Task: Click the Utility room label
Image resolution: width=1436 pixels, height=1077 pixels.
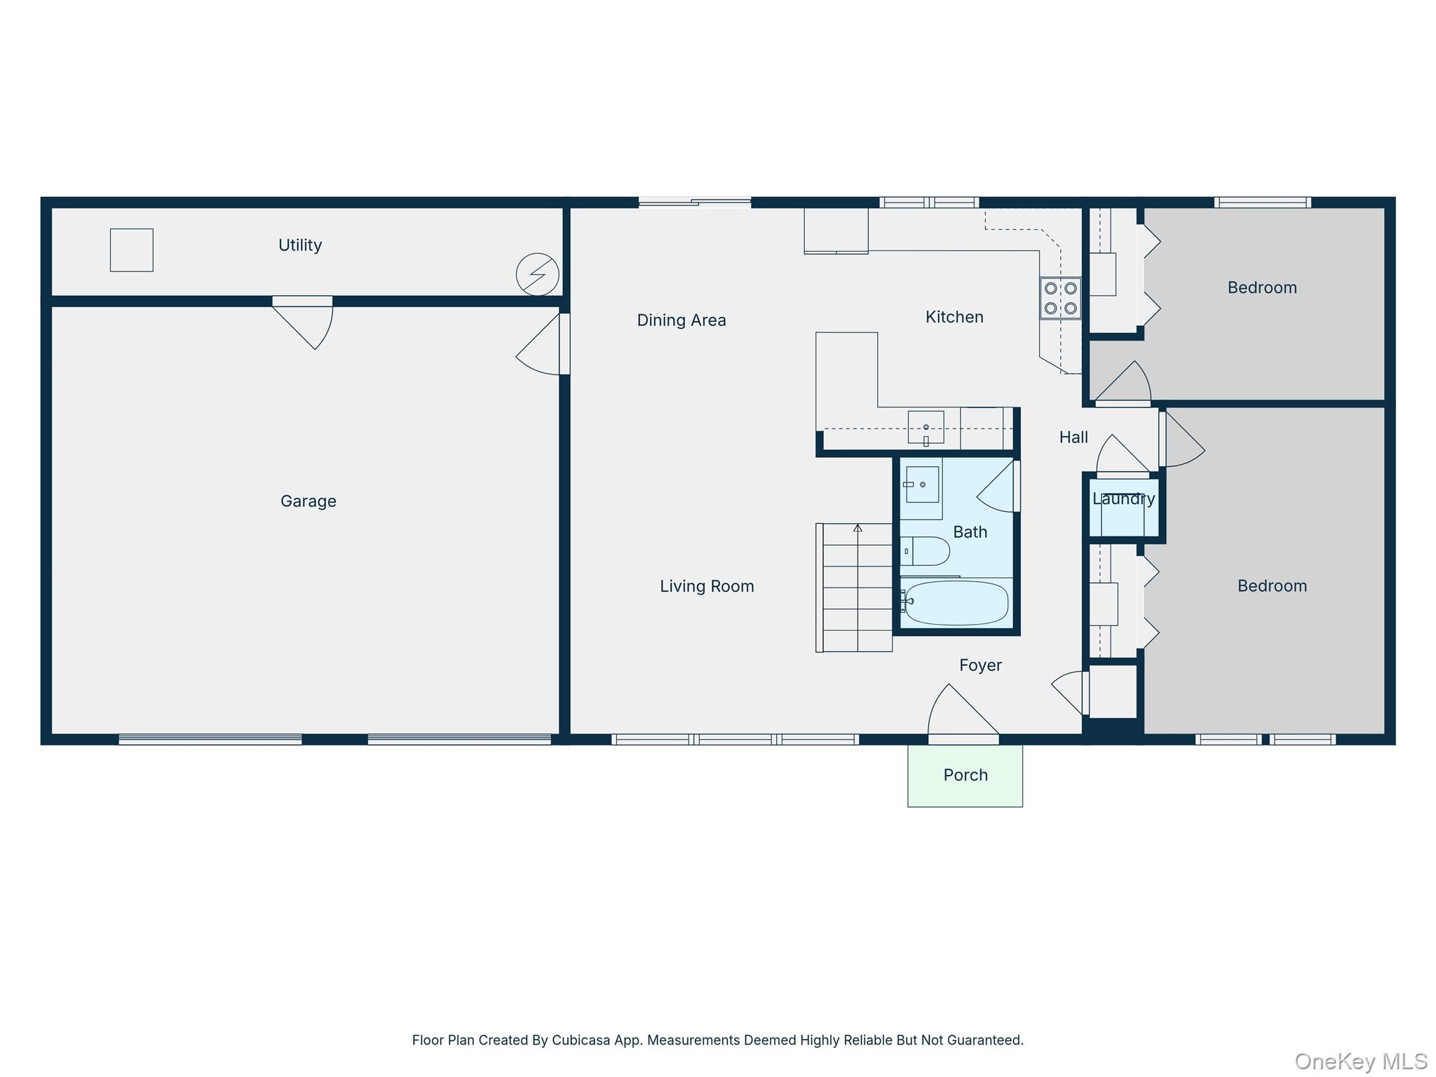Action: pos(299,245)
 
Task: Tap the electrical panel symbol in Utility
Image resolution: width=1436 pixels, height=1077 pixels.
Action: pos(537,274)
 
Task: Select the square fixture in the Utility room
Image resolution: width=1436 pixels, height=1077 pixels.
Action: pos(131,250)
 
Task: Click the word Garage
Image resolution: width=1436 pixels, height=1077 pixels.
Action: pos(308,501)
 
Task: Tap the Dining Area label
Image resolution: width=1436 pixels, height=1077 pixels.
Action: pos(681,320)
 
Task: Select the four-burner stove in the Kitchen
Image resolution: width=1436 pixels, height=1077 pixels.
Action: pos(1060,298)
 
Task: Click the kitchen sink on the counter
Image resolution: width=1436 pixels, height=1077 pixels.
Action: pos(926,428)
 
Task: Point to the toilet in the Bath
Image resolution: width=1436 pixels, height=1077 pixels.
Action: pos(924,551)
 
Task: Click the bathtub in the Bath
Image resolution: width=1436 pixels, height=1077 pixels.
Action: pos(956,602)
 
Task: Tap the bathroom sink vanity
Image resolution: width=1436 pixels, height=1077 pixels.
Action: pos(921,486)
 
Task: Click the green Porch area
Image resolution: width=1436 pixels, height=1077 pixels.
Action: pos(965,775)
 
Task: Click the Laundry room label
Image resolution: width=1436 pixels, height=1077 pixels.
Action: pos(1123,499)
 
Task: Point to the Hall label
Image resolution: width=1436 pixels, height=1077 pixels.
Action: pos(1073,438)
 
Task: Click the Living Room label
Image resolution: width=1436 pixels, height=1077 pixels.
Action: pos(706,586)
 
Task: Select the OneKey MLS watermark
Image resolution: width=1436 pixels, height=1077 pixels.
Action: pos(1360,1062)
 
